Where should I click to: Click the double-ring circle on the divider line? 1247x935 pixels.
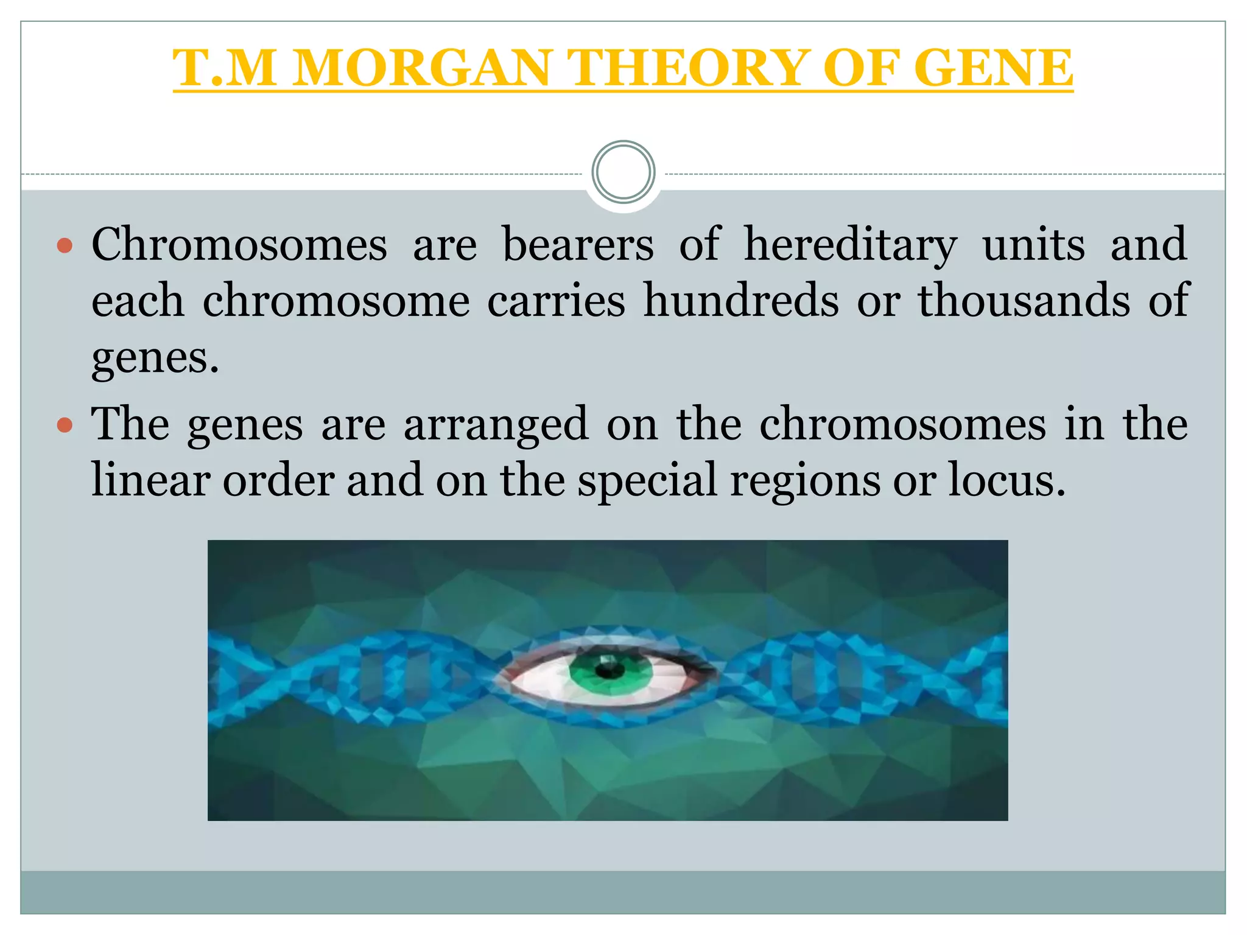coord(623,172)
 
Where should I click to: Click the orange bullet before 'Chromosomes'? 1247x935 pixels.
coord(65,247)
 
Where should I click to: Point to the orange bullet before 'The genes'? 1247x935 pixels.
coord(65,425)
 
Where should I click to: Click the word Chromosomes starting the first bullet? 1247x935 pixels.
coord(239,244)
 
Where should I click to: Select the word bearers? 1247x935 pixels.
coord(578,244)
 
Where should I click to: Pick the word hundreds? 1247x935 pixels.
coord(741,300)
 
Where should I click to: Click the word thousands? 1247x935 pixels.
coord(1024,300)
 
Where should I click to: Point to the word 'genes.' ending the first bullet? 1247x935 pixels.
coord(155,358)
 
